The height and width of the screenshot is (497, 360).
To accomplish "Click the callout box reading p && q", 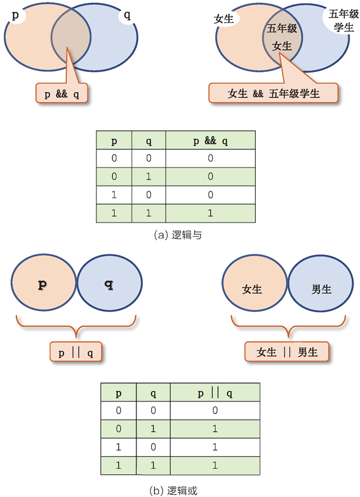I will tap(62, 94).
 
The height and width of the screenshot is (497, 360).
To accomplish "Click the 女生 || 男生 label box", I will tap(287, 352).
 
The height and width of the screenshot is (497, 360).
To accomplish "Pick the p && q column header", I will tap(211, 141).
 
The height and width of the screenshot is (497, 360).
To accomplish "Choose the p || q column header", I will tap(215, 393).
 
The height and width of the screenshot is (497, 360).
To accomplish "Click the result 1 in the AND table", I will tap(211, 213).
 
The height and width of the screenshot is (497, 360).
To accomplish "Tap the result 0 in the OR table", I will tap(215, 410).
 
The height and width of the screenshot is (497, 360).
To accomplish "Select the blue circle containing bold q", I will tap(109, 285).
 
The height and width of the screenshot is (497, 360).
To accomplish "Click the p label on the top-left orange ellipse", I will tap(15, 16).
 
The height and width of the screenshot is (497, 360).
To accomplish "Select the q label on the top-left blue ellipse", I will tap(127, 15).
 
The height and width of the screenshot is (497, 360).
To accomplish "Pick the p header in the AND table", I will tap(114, 141).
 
